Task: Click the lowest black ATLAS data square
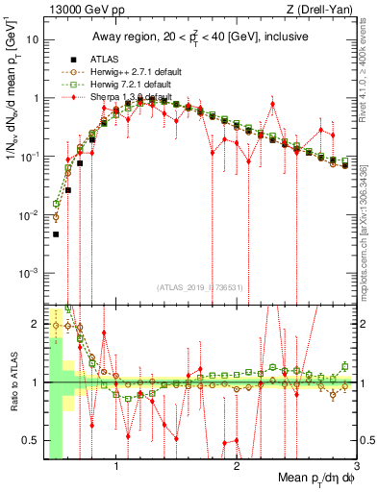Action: [x=56, y=234]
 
